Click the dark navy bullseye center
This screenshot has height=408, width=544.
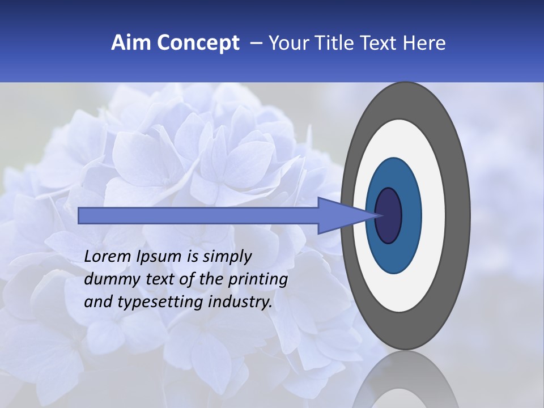(x=388, y=215)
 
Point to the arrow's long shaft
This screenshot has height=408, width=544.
(x=198, y=215)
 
